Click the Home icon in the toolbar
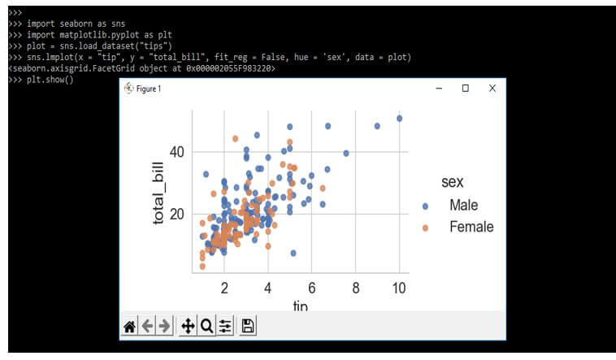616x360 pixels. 128,327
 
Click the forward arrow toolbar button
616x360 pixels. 165,327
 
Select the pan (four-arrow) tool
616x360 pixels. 187,327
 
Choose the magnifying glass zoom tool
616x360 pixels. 206,327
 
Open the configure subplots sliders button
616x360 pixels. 225,327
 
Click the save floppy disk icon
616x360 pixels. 248,327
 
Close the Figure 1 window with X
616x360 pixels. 492,89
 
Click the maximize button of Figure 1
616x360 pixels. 465,89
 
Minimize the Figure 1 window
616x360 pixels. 439,89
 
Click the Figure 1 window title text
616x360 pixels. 148,89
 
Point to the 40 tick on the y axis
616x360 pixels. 177,152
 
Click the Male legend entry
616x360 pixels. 463,206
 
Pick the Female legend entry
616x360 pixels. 471,228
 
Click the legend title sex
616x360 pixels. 453,180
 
